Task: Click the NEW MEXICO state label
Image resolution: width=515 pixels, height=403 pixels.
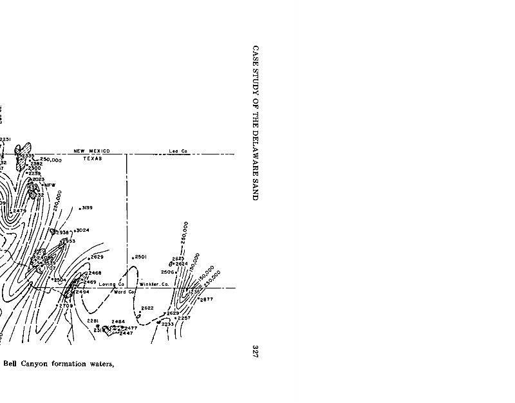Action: pyautogui.click(x=91, y=151)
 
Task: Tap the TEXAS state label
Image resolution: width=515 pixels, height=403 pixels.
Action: pyautogui.click(x=93, y=158)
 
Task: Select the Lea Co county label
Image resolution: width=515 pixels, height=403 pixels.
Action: pyautogui.click(x=178, y=151)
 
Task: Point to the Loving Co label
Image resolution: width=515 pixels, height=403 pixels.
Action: pyautogui.click(x=112, y=284)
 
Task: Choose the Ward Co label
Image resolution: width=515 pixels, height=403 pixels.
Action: pyautogui.click(x=124, y=292)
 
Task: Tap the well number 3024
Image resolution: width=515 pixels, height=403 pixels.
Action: pyautogui.click(x=83, y=230)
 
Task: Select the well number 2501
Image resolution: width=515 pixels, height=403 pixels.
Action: pyautogui.click(x=141, y=257)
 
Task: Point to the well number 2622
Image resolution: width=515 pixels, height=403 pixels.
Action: pyautogui.click(x=147, y=308)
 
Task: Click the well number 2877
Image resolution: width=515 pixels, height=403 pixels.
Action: pyautogui.click(x=207, y=299)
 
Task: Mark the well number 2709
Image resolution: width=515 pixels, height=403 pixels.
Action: pyautogui.click(x=67, y=305)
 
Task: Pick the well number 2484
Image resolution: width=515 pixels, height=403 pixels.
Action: pyautogui.click(x=118, y=321)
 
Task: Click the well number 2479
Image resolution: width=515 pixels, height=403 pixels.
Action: pyautogui.click(x=19, y=211)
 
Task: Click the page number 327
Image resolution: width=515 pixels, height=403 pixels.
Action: pyautogui.click(x=255, y=351)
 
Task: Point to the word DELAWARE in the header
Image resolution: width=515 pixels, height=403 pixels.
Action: pyautogui.click(x=255, y=149)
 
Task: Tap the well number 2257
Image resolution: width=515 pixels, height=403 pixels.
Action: pyautogui.click(x=184, y=318)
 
